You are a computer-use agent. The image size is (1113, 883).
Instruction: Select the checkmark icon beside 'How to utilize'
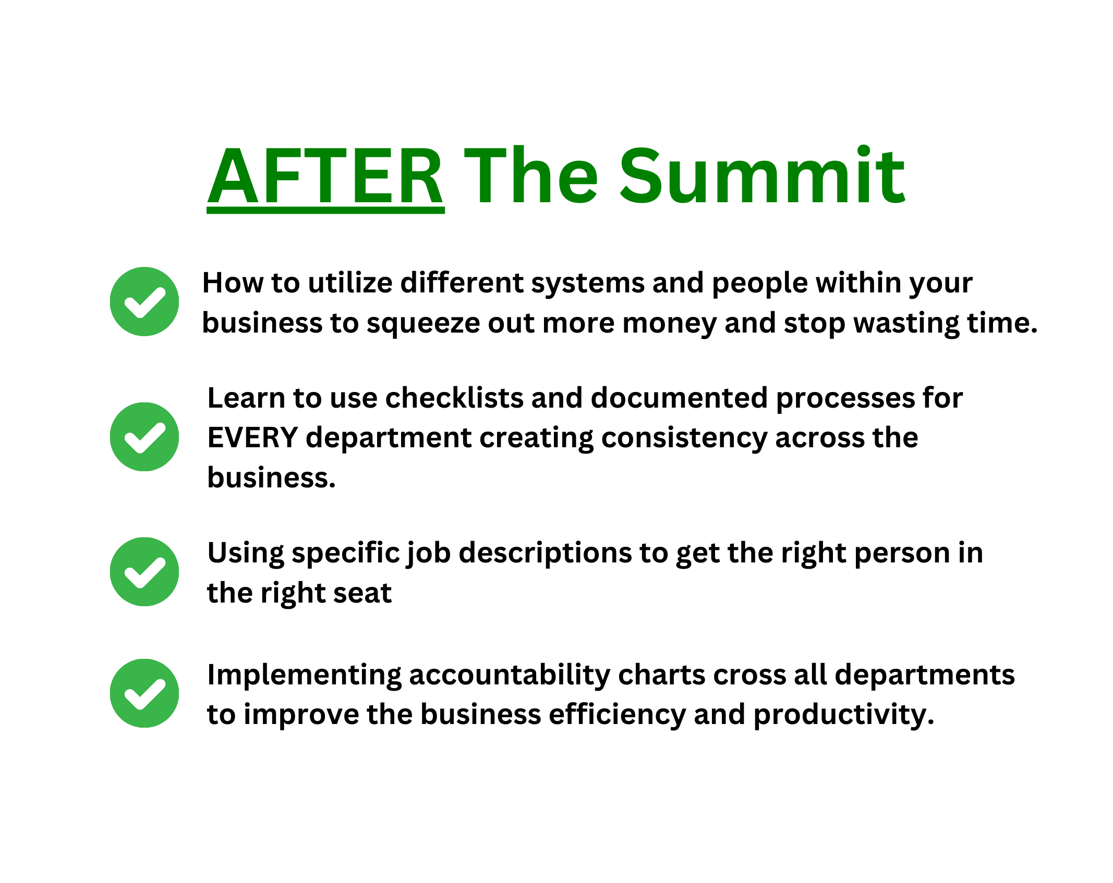coord(144,301)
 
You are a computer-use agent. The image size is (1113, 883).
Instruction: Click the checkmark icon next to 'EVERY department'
coord(144,437)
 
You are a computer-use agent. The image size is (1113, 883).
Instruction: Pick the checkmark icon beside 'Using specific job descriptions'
coord(144,572)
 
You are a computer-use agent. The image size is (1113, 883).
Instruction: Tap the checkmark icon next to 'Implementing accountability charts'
coord(144,693)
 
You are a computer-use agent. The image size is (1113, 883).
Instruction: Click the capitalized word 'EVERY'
coord(252,438)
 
